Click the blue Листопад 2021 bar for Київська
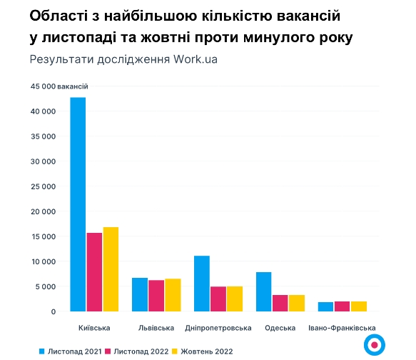click(78, 204)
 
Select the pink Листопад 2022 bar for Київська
click(94, 272)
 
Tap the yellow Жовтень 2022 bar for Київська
click(111, 269)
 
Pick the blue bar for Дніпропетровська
click(202, 284)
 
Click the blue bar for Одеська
click(263, 291)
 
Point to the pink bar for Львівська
click(156, 296)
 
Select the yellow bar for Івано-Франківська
click(359, 306)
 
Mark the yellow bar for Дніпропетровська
click(235, 299)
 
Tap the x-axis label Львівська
click(156, 328)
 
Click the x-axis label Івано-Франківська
click(343, 328)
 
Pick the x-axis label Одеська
click(280, 328)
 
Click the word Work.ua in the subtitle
click(196, 59)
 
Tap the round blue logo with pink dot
click(374, 344)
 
